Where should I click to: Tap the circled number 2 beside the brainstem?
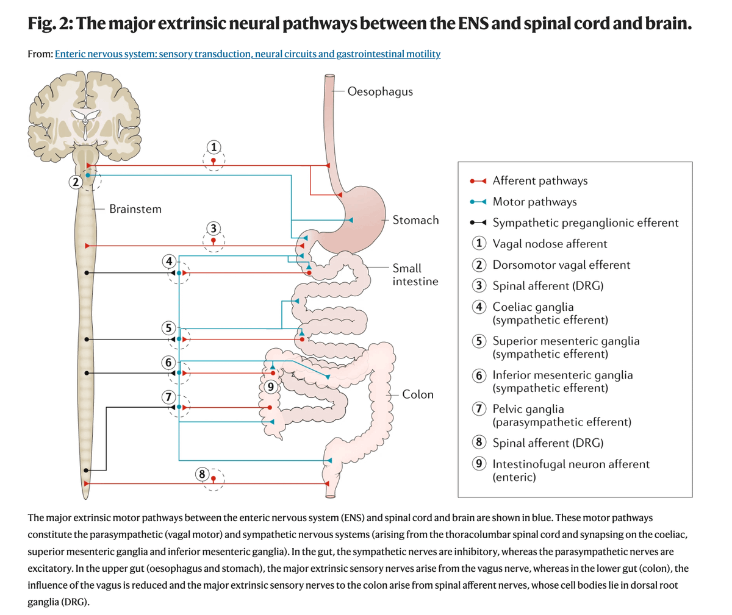tap(75, 181)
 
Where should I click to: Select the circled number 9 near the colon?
tap(272, 385)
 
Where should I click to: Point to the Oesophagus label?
tap(380, 91)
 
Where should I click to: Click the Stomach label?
tap(415, 220)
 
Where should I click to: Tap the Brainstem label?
tap(135, 209)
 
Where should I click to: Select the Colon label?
tap(418, 394)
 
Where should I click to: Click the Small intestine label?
tap(415, 274)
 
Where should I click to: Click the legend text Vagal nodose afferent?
tap(550, 244)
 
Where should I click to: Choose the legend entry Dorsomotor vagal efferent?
tap(561, 265)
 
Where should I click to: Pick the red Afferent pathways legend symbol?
tap(478, 181)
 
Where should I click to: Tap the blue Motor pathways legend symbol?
tap(478, 202)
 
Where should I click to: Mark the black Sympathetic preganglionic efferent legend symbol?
tap(478, 223)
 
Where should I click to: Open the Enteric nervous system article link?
tap(248, 54)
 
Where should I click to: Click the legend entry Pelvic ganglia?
tap(528, 409)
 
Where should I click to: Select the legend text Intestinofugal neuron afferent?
tap(571, 464)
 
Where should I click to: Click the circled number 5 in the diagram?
tap(169, 327)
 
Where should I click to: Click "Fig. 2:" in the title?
tap(50, 24)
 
